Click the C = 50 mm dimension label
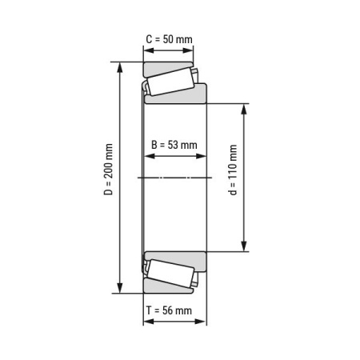point(169,38)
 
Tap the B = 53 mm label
point(174,145)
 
